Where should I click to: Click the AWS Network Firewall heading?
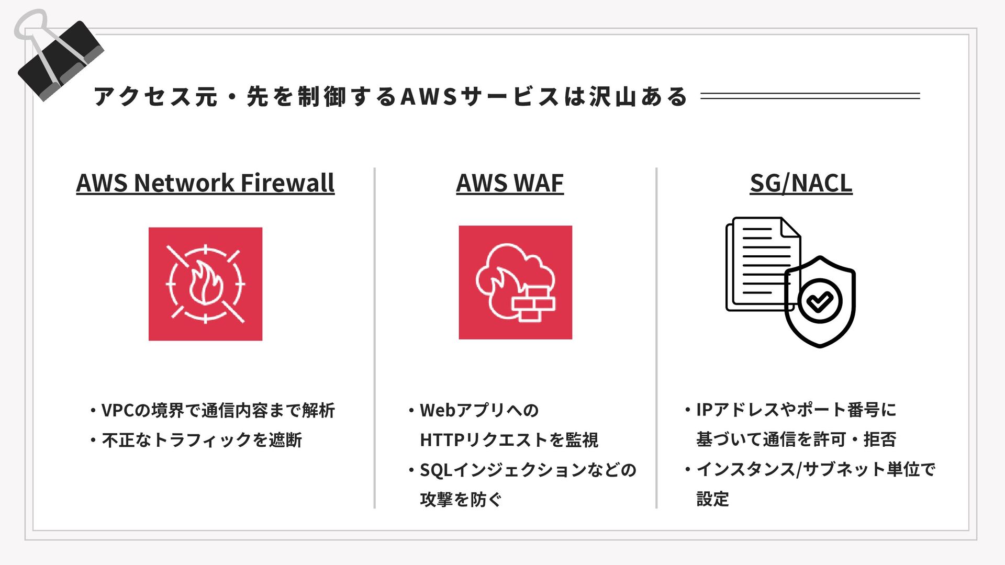click(205, 183)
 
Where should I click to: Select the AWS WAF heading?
click(510, 183)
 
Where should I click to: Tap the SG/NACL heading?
click(801, 183)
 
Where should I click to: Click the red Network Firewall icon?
click(205, 284)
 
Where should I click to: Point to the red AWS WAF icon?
click(515, 282)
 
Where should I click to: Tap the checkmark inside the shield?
click(819, 301)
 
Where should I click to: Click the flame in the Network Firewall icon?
click(205, 285)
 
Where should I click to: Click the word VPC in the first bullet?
click(118, 411)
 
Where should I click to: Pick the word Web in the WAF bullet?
click(438, 411)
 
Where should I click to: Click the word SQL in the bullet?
click(435, 470)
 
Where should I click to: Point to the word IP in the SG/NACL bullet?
click(704, 410)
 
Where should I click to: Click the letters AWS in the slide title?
click(429, 97)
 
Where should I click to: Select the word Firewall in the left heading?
click(287, 183)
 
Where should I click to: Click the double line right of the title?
click(810, 96)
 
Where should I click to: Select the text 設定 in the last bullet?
click(712, 499)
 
